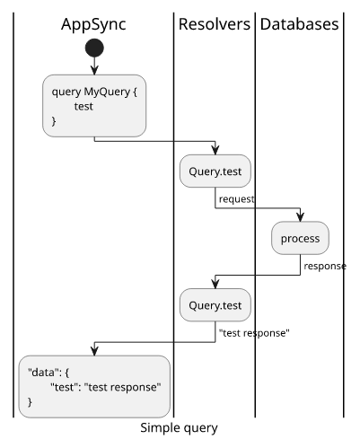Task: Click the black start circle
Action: (94, 48)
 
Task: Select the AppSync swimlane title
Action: (93, 24)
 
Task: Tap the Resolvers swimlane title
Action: (215, 24)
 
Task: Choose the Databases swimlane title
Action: (299, 24)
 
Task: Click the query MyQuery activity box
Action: (94, 106)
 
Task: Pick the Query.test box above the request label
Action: (215, 171)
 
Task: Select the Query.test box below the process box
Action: (215, 305)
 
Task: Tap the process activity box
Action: (300, 238)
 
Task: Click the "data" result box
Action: (94, 387)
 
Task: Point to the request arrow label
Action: (237, 199)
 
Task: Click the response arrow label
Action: (325, 267)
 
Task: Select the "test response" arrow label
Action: (254, 333)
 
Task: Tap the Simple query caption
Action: (179, 428)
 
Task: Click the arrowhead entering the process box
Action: (300, 217)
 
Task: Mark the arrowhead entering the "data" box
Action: (94, 351)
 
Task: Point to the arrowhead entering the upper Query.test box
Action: (215, 150)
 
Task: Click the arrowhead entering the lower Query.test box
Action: (215, 284)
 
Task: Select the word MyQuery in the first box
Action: (107, 92)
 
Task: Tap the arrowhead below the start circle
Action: (94, 70)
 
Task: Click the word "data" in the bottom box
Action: (42, 373)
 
